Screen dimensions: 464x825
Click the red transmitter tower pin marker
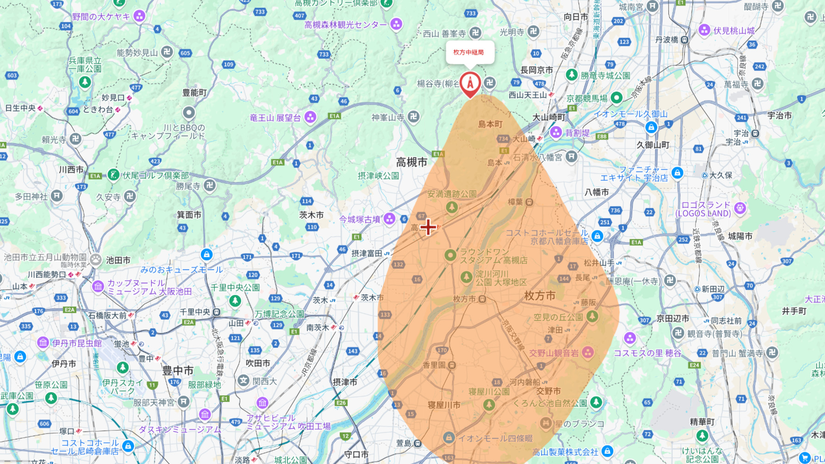[x=470, y=83]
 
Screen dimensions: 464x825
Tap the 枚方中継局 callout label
[x=469, y=52]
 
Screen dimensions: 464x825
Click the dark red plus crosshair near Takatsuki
[x=428, y=227]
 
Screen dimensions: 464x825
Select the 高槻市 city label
[x=412, y=162]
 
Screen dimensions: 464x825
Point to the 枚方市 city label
[x=539, y=296]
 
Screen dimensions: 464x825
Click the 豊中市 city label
[x=178, y=371]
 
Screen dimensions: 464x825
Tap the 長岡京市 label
[x=536, y=70]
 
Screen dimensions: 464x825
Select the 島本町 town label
[x=490, y=124]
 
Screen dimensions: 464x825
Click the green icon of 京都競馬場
[x=616, y=98]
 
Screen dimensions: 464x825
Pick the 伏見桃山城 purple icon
[x=704, y=31]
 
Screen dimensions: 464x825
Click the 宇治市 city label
[x=779, y=116]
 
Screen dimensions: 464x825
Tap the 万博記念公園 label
[x=279, y=314]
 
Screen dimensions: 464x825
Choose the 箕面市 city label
[x=189, y=215]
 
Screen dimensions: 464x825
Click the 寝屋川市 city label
[x=444, y=405]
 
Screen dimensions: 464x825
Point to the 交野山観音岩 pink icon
[x=588, y=353]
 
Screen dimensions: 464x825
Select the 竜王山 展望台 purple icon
[x=310, y=118]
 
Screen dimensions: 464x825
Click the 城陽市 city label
[x=740, y=236]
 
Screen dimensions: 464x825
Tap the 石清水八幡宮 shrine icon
[x=571, y=157]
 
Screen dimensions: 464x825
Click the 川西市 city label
[x=71, y=169]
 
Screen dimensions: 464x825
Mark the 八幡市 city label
[x=596, y=192]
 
